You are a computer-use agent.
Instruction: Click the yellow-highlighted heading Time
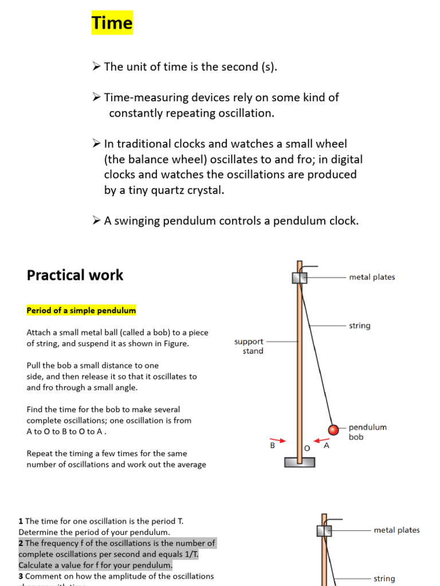tap(112, 23)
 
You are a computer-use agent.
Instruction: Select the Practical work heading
tap(74, 275)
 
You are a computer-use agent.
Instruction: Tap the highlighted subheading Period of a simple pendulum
tap(81, 311)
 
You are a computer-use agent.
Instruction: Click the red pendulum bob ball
tap(333, 429)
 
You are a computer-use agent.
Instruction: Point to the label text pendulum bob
tap(367, 432)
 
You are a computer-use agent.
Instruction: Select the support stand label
tap(249, 346)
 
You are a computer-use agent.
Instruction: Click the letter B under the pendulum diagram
tap(273, 445)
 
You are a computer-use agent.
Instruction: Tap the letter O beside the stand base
tap(307, 448)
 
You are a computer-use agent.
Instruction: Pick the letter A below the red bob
tap(327, 445)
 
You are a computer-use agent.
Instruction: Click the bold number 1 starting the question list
tap(21, 521)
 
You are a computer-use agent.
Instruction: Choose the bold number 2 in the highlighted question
tap(21, 543)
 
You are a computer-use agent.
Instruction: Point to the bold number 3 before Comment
tap(21, 576)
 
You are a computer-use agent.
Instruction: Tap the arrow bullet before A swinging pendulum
tap(96, 221)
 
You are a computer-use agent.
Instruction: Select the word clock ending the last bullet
tap(343, 221)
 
